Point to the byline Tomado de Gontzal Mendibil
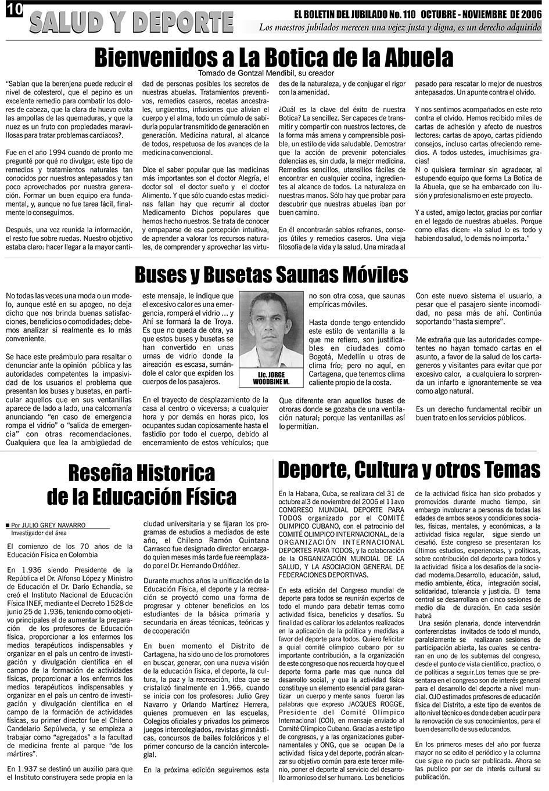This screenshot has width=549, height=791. click(266, 73)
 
